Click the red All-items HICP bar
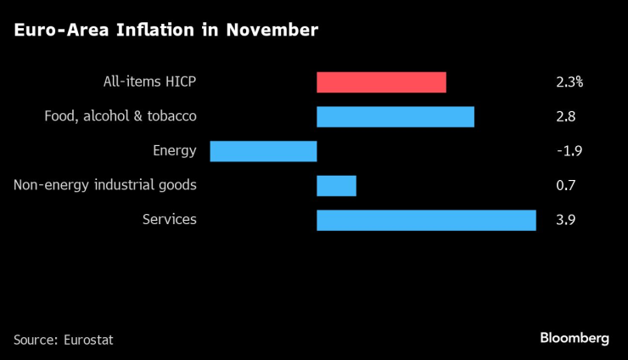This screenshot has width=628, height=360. pyautogui.click(x=381, y=82)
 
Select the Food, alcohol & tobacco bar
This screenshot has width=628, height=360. pyautogui.click(x=395, y=116)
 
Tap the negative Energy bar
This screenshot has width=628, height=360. pyautogui.click(x=263, y=151)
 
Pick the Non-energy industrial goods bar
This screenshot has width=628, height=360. pyautogui.click(x=336, y=185)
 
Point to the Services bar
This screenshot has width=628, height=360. pyautogui.click(x=426, y=220)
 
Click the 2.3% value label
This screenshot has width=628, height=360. pyautogui.click(x=569, y=82)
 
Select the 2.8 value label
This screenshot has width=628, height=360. pyautogui.click(x=565, y=116)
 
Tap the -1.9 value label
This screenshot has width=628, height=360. pyautogui.click(x=568, y=151)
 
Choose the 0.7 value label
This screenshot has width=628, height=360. pyautogui.click(x=565, y=185)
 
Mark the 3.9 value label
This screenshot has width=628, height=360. pyautogui.click(x=565, y=220)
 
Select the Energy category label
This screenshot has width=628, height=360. pyautogui.click(x=175, y=151)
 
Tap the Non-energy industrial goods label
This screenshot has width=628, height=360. pyautogui.click(x=105, y=185)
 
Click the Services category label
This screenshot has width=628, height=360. pyautogui.click(x=170, y=220)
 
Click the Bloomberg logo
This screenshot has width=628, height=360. pyautogui.click(x=575, y=338)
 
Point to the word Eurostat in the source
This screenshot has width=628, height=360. pyautogui.click(x=88, y=340)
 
